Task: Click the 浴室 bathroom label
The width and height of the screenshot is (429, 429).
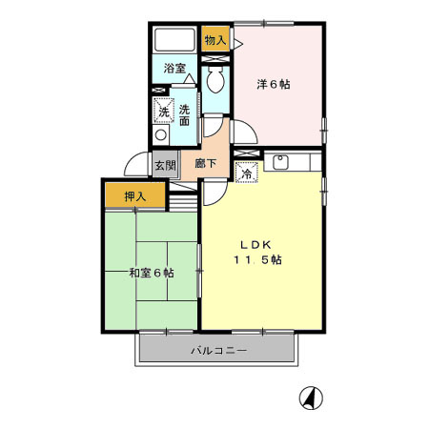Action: [x=174, y=69]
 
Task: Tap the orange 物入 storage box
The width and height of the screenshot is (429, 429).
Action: [x=215, y=40]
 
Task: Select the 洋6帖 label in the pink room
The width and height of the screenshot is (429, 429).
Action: [x=274, y=84]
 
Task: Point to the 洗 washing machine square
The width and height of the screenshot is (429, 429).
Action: [x=164, y=112]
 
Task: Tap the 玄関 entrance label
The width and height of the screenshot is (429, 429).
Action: [x=165, y=164]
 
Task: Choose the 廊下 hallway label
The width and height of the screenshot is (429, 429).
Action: [x=205, y=164]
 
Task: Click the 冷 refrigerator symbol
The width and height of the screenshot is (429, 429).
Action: [x=246, y=174]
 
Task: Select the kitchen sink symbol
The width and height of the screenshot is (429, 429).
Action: [x=281, y=161]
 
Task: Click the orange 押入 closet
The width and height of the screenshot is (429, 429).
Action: [x=135, y=196]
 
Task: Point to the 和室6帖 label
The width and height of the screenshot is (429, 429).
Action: [x=151, y=273]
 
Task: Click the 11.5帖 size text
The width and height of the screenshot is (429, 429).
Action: [x=257, y=258]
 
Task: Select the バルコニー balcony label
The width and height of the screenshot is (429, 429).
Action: [x=217, y=350]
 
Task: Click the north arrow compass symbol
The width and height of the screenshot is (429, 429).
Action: [x=311, y=397]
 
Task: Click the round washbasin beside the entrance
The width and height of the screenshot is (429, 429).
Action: [x=160, y=136]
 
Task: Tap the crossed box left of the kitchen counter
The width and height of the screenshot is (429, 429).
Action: [x=247, y=153]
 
